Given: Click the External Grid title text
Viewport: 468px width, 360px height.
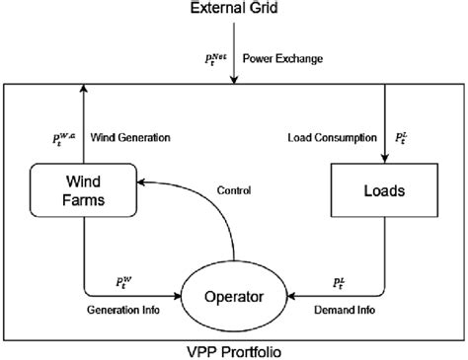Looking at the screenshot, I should click(232, 11).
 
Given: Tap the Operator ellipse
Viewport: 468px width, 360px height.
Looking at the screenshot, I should click(233, 294).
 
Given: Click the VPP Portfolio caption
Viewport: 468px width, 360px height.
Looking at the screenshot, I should click(233, 349).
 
